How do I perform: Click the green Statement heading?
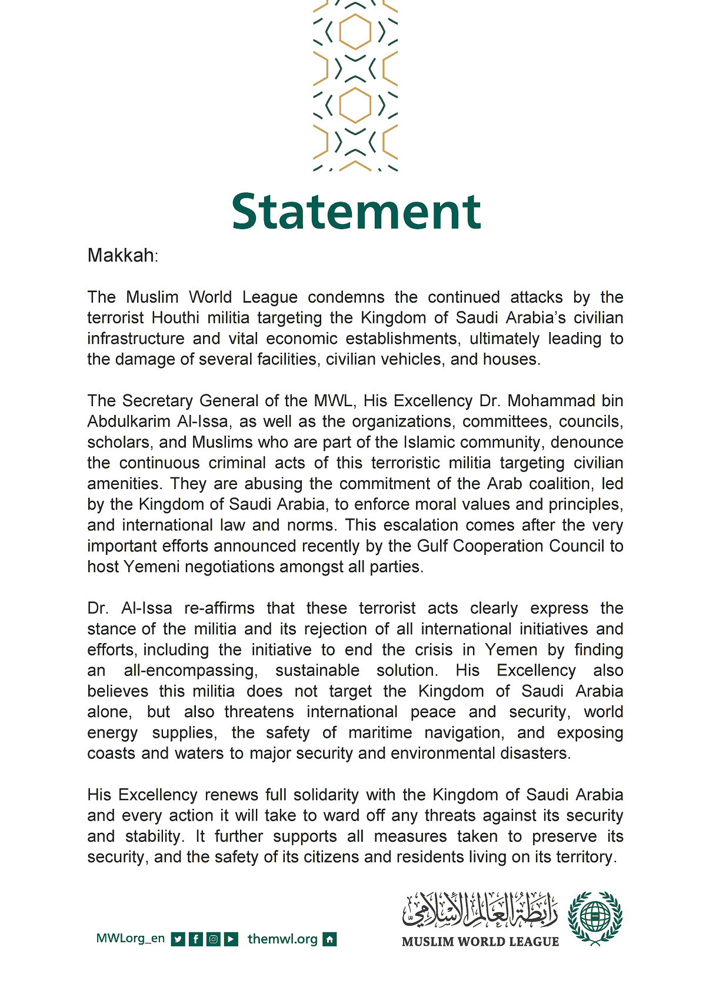[x=356, y=212]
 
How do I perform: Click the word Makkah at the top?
[x=121, y=256]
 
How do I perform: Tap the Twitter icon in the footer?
[x=178, y=939]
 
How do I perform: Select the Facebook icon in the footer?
[x=196, y=939]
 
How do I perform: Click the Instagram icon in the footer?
[x=214, y=939]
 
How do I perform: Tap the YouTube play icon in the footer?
[x=232, y=939]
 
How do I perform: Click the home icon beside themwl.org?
[x=330, y=939]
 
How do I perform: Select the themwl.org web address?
[x=282, y=939]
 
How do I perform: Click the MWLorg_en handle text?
[x=130, y=939]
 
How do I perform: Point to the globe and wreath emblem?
[x=595, y=917]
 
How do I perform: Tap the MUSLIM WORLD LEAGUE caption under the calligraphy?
[x=480, y=942]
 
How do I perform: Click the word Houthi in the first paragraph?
[x=175, y=318]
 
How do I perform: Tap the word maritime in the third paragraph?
[x=380, y=733]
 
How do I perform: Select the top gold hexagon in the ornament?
[x=355, y=32]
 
